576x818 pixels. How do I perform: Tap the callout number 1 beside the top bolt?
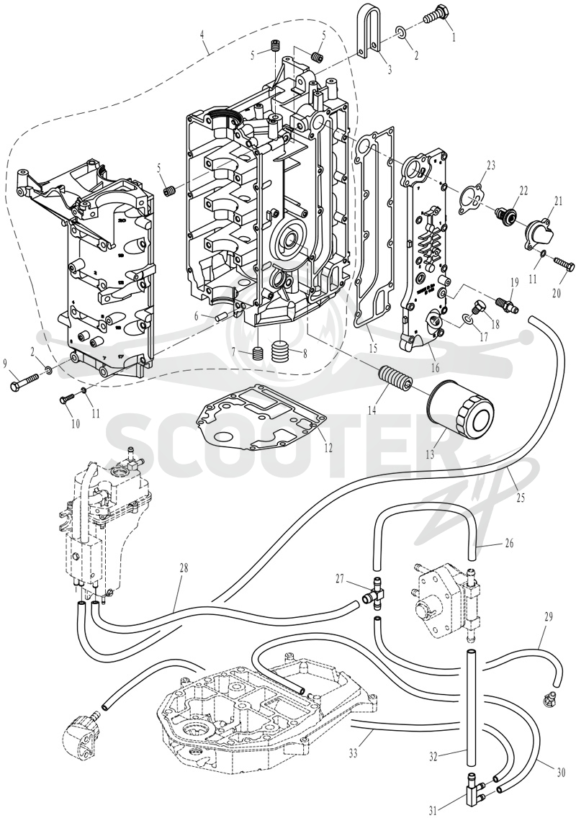pos(454,37)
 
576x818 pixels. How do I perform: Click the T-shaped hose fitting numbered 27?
pos(374,593)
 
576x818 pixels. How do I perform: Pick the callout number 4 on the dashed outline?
pos(204,37)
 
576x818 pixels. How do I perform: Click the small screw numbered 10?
pos(67,399)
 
